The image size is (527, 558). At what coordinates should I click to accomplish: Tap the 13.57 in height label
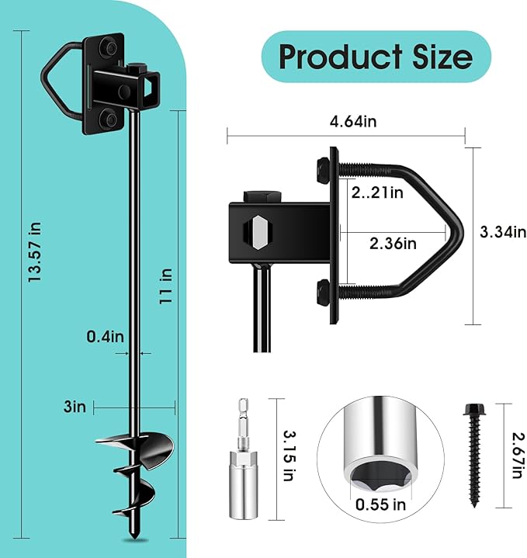click(35, 252)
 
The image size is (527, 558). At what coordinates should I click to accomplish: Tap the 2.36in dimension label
click(394, 244)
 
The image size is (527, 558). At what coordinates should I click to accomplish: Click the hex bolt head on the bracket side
click(257, 232)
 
